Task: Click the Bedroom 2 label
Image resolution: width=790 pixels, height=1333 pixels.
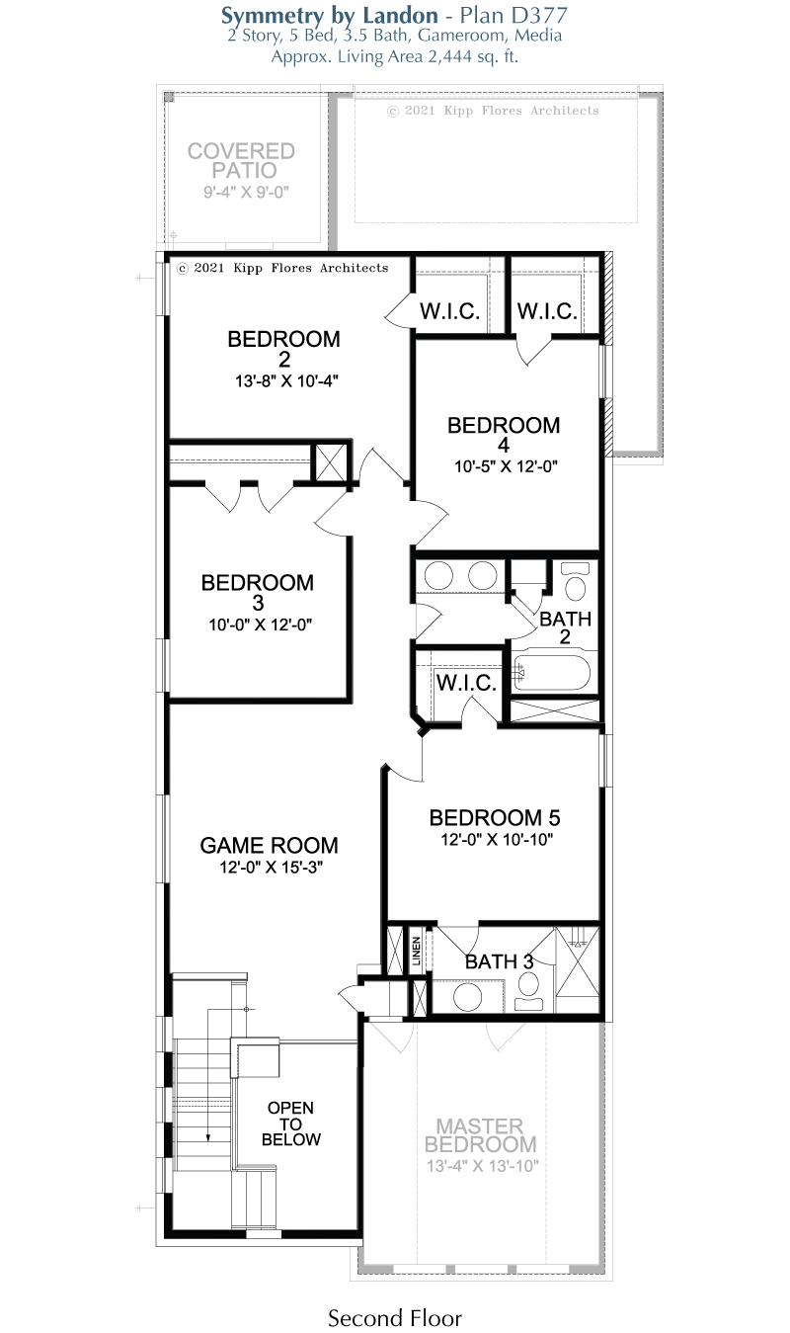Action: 283,349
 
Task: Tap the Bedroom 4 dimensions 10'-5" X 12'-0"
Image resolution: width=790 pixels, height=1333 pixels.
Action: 507,466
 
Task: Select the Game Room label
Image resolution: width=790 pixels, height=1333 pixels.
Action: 269,845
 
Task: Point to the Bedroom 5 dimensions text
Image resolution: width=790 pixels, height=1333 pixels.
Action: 497,839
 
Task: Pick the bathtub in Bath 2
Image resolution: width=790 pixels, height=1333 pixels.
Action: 551,673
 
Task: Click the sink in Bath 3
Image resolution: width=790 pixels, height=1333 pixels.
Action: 467,997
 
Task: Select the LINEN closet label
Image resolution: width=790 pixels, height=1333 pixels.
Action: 417,951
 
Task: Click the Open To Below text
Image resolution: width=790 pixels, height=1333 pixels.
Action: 291,1124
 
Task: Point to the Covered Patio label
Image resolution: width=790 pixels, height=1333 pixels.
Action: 242,160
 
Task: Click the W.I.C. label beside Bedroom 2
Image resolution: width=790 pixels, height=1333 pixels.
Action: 449,310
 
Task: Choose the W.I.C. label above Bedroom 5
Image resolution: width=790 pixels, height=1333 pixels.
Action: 466,683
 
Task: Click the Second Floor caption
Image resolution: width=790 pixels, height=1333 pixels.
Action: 395,1318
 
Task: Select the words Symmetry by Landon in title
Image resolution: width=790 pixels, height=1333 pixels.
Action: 330,16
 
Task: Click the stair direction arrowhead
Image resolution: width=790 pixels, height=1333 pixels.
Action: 208,1137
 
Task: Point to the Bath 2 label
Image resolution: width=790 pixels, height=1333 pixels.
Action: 565,627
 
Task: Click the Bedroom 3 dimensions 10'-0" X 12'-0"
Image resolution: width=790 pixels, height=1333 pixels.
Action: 260,625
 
